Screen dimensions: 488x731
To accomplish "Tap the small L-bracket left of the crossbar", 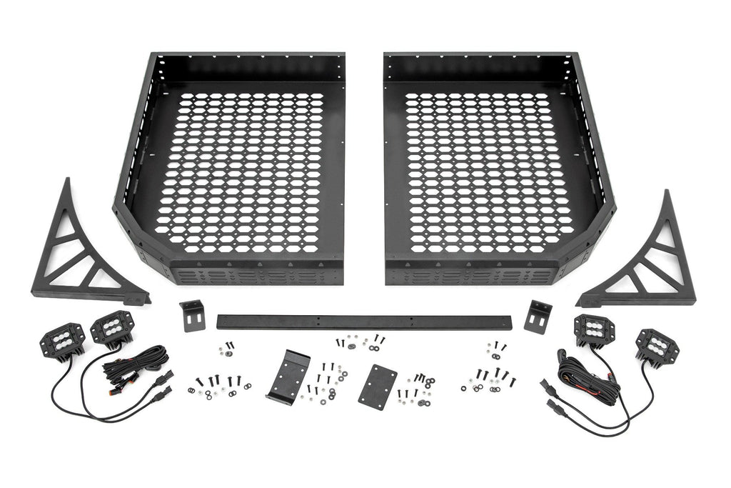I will tap(192, 315).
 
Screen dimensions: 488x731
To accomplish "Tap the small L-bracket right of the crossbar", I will tap(538, 316).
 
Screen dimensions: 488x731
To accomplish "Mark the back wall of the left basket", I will tap(246, 68).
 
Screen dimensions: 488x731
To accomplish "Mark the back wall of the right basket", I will tap(478, 68).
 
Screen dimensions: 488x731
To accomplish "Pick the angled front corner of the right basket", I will tap(592, 247).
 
